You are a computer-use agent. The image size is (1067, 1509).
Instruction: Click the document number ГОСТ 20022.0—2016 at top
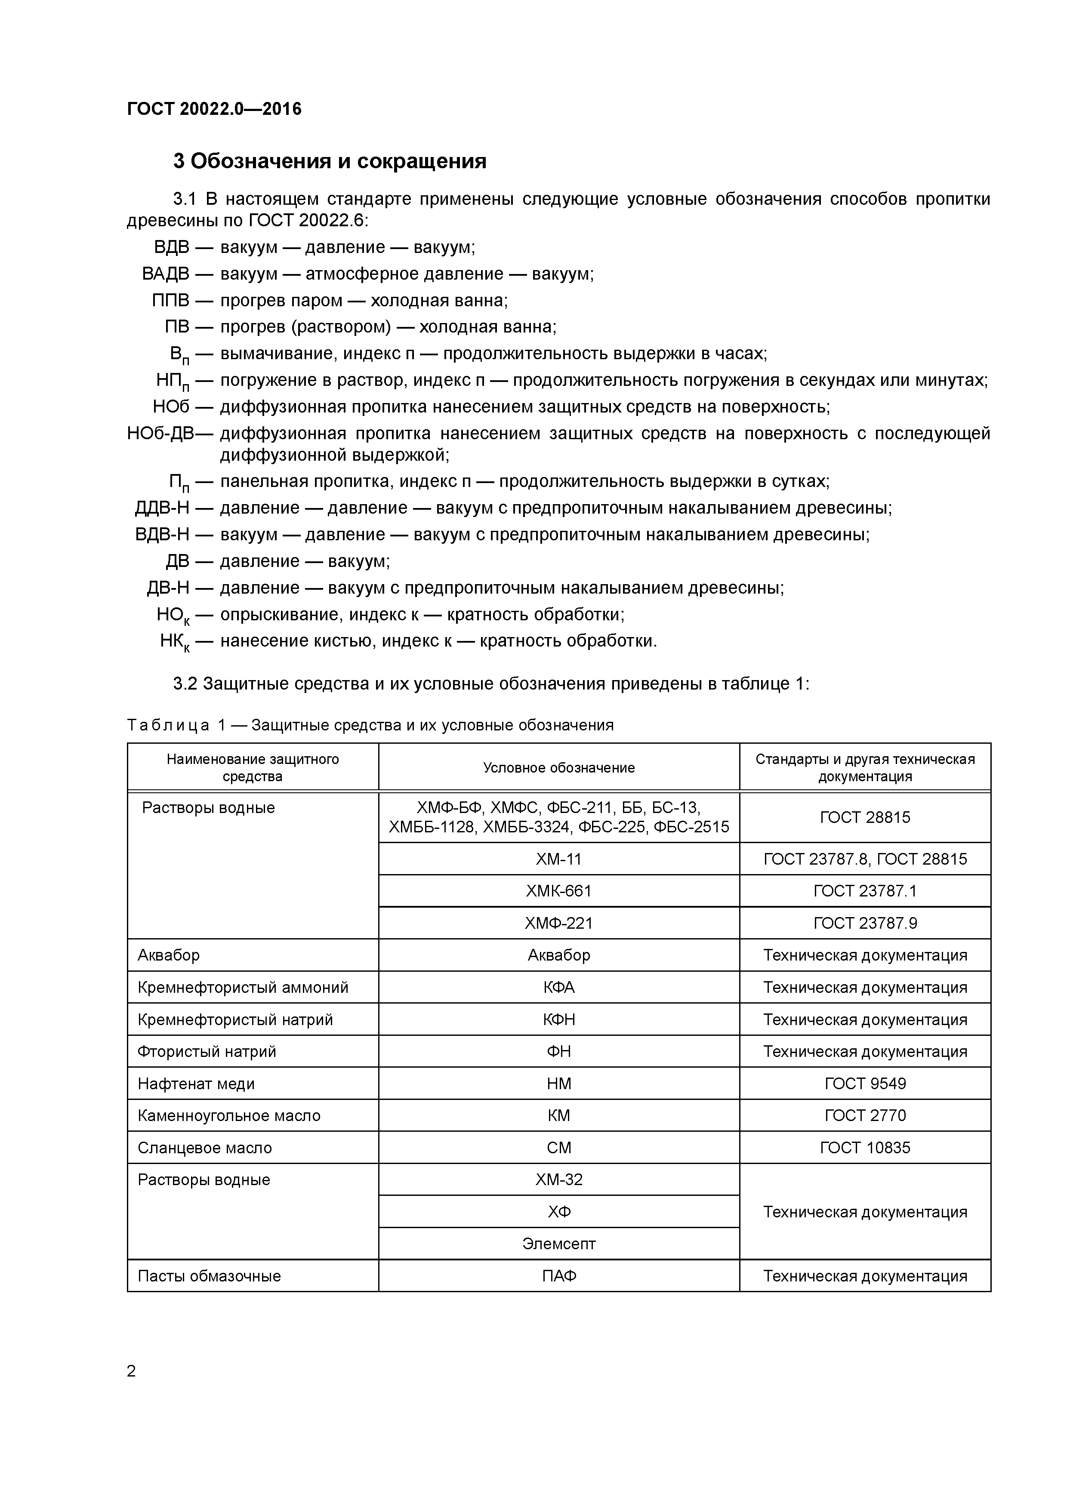214,109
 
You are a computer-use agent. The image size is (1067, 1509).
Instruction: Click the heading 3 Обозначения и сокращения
330,161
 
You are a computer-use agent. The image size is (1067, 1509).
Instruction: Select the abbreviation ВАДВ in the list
166,274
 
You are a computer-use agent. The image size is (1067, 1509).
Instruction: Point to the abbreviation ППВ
170,300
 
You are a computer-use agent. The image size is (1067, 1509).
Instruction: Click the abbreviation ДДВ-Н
162,508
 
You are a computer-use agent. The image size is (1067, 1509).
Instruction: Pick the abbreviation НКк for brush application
174,641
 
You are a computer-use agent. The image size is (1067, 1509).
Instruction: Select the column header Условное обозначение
559,768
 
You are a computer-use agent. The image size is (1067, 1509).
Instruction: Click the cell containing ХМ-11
559,859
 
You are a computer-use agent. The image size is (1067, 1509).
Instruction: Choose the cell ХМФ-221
559,924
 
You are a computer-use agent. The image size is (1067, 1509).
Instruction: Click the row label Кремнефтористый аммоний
243,988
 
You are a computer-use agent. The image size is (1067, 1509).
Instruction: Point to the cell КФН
559,1020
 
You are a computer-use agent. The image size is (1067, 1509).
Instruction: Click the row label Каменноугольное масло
229,1116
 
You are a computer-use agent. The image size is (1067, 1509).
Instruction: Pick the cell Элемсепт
559,1244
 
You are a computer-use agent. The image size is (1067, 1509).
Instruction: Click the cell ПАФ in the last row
559,1276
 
